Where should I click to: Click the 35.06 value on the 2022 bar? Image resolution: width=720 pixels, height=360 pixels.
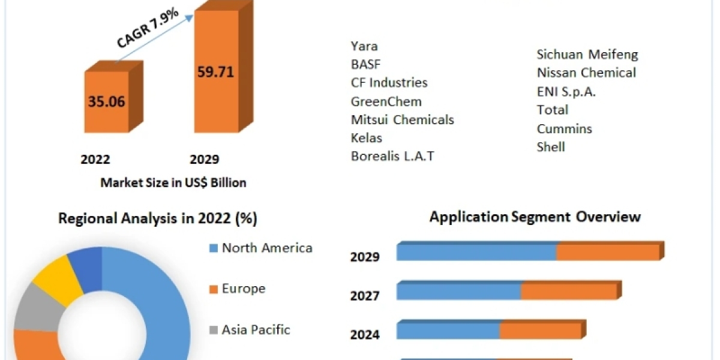(x=106, y=101)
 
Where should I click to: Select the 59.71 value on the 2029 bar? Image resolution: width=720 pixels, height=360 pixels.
(x=215, y=72)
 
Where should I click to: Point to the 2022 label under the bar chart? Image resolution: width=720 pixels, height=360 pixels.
(x=95, y=160)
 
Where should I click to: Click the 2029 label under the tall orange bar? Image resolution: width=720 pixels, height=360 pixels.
(x=205, y=160)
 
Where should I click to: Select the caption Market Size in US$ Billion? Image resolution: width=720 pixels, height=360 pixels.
(x=173, y=182)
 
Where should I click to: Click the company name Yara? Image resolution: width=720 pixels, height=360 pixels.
(x=364, y=46)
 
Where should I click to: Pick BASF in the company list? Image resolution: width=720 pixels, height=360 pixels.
(x=365, y=64)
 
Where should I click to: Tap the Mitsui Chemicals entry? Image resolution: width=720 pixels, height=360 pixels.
(x=402, y=120)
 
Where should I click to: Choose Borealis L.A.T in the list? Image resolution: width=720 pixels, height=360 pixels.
(x=392, y=157)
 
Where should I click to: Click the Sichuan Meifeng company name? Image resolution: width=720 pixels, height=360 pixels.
(x=587, y=55)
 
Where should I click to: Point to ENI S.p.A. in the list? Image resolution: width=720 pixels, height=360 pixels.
(x=566, y=92)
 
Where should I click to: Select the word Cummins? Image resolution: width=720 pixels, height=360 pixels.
(x=564, y=129)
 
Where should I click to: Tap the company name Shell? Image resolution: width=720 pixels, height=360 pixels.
(x=551, y=147)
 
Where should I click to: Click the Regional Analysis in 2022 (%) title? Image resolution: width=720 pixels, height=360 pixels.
(x=157, y=218)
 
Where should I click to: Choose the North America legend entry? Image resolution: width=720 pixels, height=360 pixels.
(x=266, y=248)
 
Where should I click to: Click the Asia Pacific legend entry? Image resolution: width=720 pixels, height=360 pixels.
(x=256, y=329)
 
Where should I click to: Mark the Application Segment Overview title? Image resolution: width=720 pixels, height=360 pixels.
(x=535, y=217)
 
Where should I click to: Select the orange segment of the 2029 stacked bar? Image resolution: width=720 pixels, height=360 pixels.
(x=607, y=253)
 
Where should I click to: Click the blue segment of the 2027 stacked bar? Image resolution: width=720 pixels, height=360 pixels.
(x=458, y=292)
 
